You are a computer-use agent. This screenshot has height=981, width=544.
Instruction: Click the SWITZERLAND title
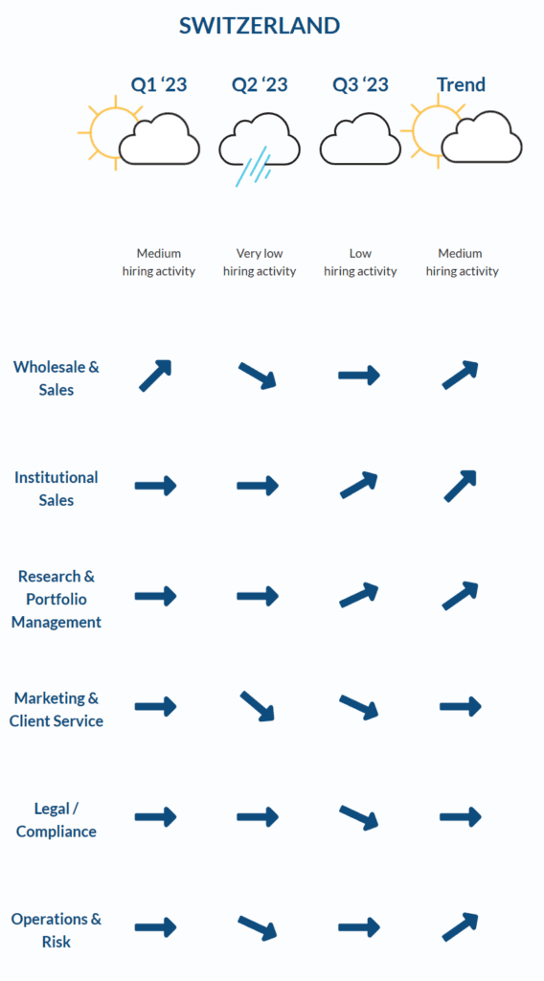coord(260,26)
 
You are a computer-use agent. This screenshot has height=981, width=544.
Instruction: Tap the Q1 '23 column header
coord(159,84)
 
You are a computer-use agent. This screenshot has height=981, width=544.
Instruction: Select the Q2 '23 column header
coord(260,84)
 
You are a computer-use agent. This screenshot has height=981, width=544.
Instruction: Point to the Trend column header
coord(462,84)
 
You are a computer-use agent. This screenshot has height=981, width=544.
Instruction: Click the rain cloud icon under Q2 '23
coord(259,147)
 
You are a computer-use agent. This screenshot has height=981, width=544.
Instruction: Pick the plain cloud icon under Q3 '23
coord(360,139)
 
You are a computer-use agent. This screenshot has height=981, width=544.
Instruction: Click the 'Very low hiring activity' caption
coord(260,262)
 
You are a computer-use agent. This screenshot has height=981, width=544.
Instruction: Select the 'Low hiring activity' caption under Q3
coord(360,262)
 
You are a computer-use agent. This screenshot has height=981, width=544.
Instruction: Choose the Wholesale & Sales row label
coord(57,377)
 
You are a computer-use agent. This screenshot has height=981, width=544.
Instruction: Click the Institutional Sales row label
coord(57,489)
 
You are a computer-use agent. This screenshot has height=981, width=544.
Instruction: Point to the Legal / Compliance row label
coord(57,820)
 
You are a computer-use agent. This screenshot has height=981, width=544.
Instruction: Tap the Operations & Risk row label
coord(57,930)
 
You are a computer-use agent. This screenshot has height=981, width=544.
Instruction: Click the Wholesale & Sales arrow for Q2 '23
coord(258,376)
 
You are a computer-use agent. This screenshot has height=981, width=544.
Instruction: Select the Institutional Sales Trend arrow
coord(461,486)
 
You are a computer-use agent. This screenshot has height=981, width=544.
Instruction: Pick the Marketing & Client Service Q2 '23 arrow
coord(258,706)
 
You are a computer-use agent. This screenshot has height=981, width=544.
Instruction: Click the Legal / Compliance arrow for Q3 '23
coord(359,818)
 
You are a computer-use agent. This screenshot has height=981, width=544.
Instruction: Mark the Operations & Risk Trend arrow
coord(461,927)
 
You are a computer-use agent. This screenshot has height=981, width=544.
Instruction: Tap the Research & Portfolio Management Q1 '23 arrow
coord(156,596)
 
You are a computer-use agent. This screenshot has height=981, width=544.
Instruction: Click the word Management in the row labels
coord(57,623)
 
